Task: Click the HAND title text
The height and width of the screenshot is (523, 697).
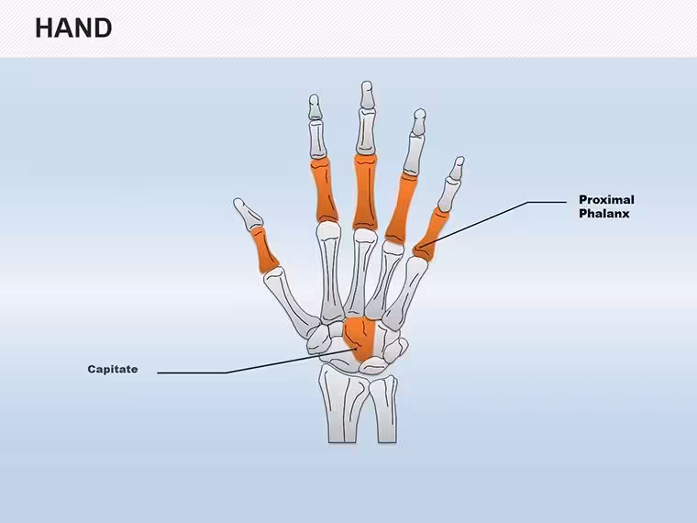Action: (x=73, y=28)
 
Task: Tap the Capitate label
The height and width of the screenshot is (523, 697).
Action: (x=113, y=369)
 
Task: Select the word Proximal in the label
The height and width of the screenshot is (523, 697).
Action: (x=606, y=200)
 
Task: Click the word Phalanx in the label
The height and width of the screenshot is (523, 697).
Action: (x=604, y=214)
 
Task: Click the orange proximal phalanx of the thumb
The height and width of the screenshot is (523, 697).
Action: (x=264, y=249)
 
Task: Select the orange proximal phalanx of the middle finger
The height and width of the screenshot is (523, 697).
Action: (x=366, y=192)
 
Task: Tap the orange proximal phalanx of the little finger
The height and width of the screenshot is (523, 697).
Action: (x=430, y=234)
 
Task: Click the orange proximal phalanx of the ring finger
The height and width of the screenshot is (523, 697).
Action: (x=401, y=208)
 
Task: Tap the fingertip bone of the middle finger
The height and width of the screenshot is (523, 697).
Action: (x=367, y=95)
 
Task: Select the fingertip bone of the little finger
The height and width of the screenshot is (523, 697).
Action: (x=456, y=169)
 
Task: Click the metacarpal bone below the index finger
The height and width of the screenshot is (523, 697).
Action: (x=330, y=272)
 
